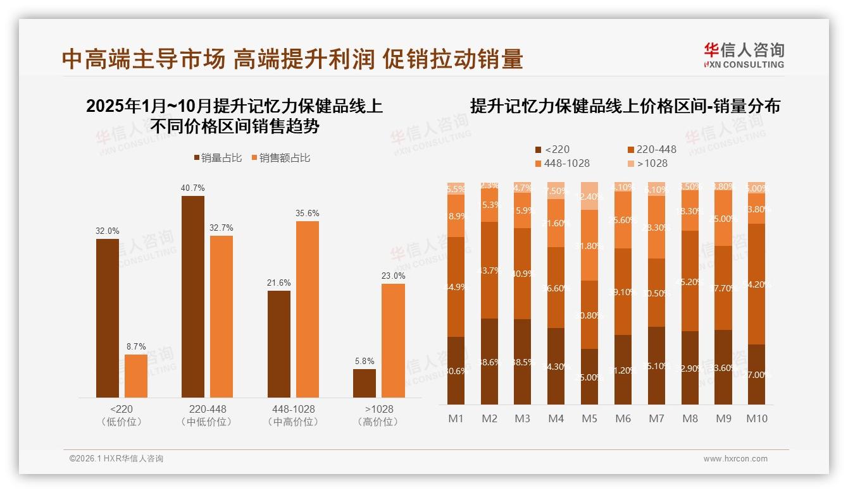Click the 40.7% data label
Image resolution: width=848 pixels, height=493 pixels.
[193, 188]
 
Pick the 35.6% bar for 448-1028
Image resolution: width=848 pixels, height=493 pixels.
[307, 309]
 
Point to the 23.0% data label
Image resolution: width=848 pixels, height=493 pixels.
[393, 276]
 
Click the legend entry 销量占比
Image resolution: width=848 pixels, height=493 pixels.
[217, 158]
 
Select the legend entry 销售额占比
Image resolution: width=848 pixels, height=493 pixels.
[280, 158]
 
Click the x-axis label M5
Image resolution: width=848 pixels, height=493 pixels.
[590, 418]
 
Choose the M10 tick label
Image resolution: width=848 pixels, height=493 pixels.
[756, 418]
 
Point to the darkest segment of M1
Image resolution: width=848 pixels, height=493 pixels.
[456, 370]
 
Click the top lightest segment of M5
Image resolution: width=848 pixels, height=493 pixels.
[590, 196]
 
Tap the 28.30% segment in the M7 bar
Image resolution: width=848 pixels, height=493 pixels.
[656, 228]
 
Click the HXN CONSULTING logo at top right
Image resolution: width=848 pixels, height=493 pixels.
[744, 55]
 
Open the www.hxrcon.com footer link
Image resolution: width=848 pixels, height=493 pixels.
[735, 459]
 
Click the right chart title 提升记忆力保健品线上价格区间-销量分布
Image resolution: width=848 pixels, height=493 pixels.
[625, 106]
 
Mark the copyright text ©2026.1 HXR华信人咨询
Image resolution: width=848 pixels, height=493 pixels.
[116, 459]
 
